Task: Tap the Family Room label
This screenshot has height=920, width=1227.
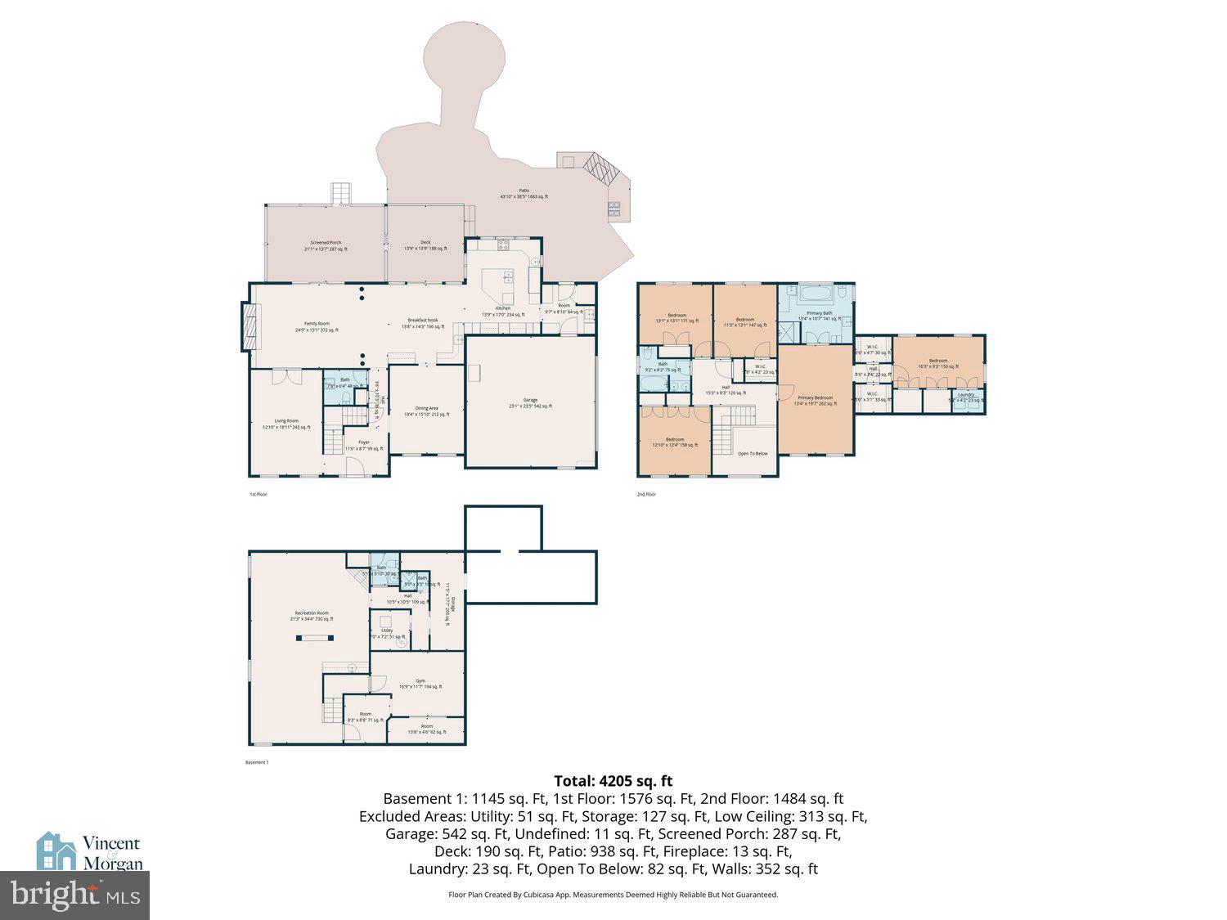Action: click(316, 325)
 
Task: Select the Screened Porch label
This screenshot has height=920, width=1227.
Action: click(326, 244)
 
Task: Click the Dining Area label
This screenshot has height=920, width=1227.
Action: click(426, 409)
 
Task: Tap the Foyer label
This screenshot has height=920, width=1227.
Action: click(363, 443)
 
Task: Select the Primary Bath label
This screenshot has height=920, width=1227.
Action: click(819, 313)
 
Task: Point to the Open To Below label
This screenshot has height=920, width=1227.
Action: click(752, 453)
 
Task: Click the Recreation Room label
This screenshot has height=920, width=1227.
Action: click(312, 613)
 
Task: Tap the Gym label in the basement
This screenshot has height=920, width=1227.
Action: click(420, 681)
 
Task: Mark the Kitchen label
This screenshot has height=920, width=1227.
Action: click(503, 309)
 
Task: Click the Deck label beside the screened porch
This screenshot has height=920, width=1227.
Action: click(425, 243)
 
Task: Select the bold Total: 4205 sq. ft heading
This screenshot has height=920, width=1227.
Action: click(613, 781)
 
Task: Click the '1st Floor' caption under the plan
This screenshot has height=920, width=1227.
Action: click(258, 494)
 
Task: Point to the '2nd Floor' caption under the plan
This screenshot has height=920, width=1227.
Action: click(646, 494)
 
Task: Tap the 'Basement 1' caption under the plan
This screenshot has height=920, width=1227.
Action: click(257, 762)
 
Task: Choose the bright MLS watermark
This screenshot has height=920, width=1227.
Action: click(74, 895)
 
